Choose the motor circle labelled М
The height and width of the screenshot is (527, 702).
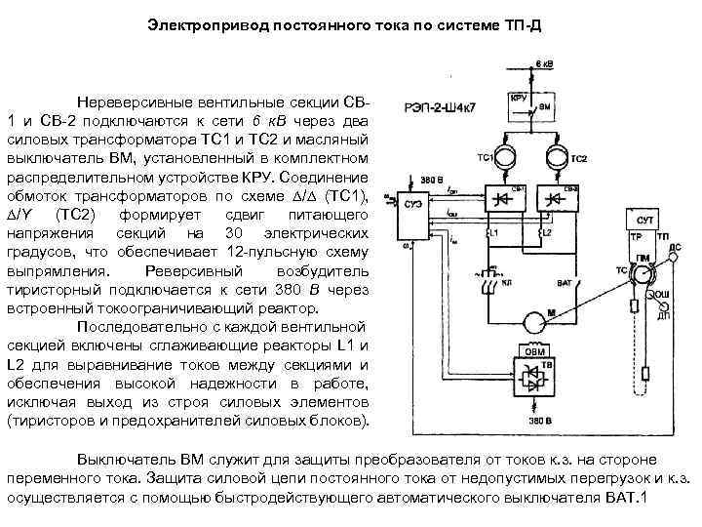tap(532, 318)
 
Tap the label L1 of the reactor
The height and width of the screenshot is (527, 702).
tap(494, 233)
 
